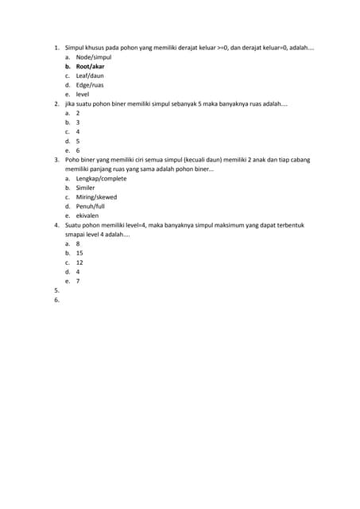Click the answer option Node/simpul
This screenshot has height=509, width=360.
pyautogui.click(x=94, y=57)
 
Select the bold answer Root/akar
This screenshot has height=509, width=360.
pyautogui.click(x=90, y=67)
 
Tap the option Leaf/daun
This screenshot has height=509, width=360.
pyautogui.click(x=90, y=76)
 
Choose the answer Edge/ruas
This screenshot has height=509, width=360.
pyautogui.click(x=90, y=85)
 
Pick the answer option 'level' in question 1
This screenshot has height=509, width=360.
pyautogui.click(x=83, y=94)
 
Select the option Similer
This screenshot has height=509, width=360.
pyautogui.click(x=85, y=188)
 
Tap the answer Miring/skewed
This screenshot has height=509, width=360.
pyautogui.click(x=96, y=197)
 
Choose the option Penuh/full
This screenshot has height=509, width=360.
pyautogui.click(x=90, y=206)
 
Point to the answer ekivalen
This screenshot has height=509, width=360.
pyautogui.click(x=87, y=216)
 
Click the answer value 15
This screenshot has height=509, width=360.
pyautogui.click(x=79, y=253)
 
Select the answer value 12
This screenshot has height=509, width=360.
pyautogui.click(x=79, y=262)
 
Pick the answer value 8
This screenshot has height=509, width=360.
pyautogui.click(x=78, y=243)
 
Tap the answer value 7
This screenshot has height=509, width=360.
pyautogui.click(x=78, y=281)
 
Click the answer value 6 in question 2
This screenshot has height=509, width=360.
pyautogui.click(x=78, y=150)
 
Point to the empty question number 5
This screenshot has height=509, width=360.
pyautogui.click(x=56, y=290)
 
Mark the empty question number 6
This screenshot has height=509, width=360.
pyautogui.click(x=56, y=300)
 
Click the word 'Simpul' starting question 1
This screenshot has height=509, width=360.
pyautogui.click(x=75, y=48)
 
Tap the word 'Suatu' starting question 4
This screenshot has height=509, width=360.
pyautogui.click(x=73, y=225)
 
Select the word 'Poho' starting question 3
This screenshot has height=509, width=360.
pyautogui.click(x=72, y=160)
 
